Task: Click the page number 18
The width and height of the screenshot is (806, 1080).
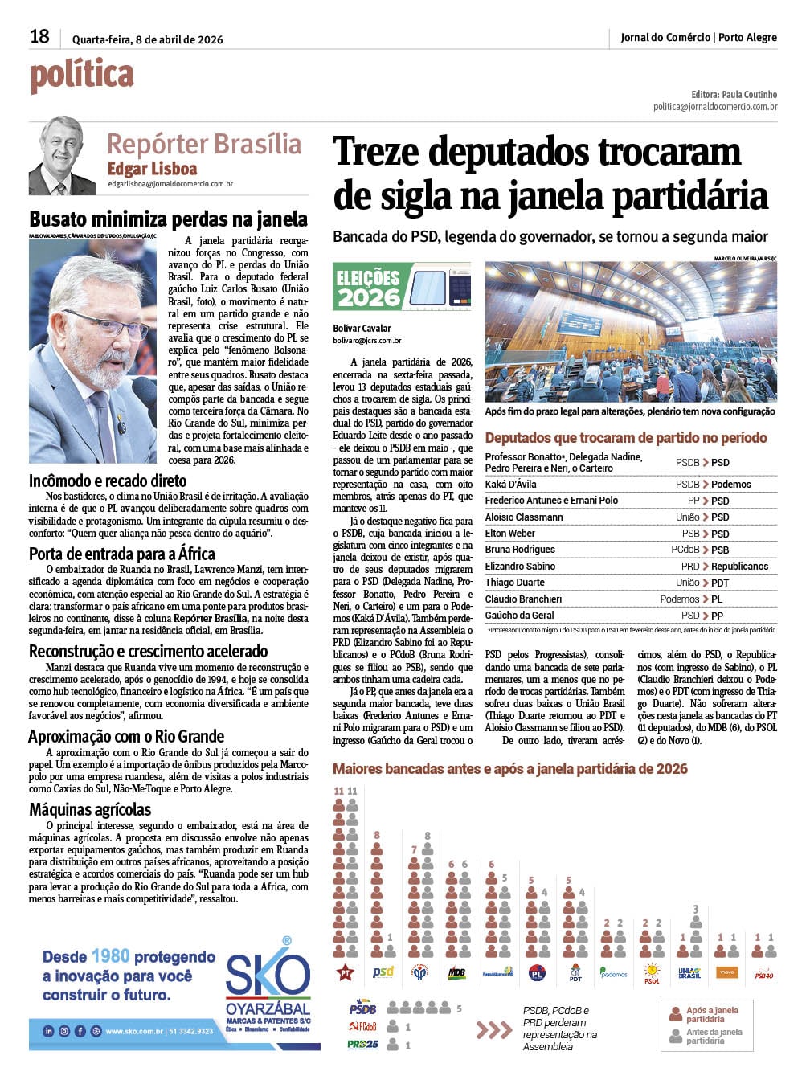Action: point(39,36)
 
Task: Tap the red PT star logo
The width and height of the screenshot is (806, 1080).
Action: point(345,972)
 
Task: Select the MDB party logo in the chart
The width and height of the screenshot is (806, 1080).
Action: point(456,973)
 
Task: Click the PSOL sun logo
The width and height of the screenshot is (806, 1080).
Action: point(652,973)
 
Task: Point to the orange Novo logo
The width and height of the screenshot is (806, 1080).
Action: point(726,973)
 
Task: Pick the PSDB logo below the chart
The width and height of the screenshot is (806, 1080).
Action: point(362,1008)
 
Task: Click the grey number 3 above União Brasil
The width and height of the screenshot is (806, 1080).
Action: point(696,910)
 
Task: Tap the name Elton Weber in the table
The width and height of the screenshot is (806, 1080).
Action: point(510,534)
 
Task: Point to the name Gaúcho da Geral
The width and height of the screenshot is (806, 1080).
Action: point(519,616)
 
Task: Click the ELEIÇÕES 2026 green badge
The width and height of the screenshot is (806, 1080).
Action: point(369,288)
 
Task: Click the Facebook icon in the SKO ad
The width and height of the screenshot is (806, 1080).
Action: point(80,1031)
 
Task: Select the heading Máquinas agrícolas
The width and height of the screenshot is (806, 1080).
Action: point(90,809)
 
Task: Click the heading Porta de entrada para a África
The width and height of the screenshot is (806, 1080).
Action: point(121,554)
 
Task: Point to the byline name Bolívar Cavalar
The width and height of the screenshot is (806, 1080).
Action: point(362,329)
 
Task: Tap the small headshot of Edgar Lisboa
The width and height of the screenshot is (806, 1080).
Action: point(63,155)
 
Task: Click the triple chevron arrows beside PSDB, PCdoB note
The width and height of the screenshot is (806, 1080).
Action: point(493,1029)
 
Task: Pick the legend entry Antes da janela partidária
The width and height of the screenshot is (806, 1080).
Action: point(714,1037)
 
